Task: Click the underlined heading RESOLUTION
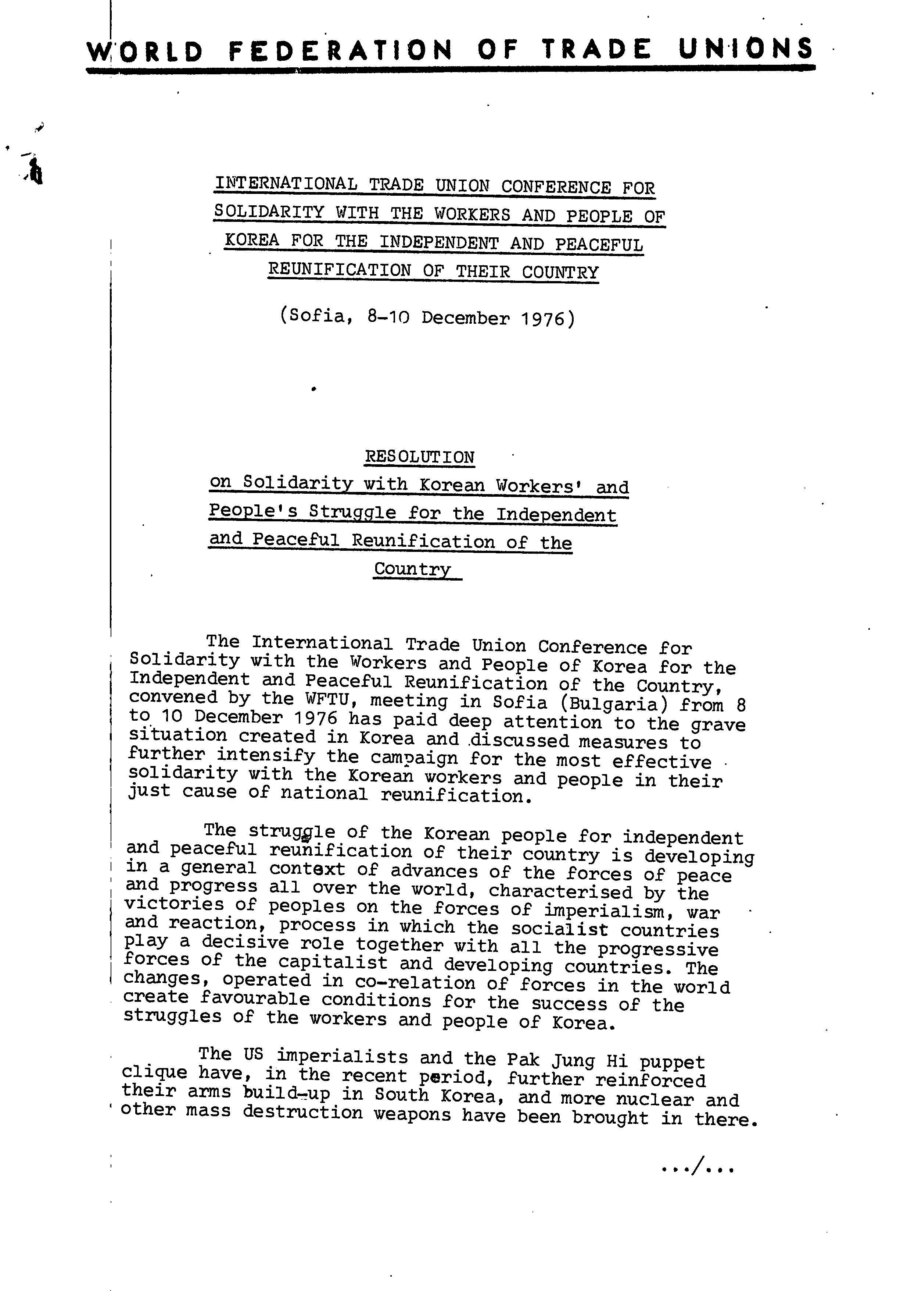point(420,457)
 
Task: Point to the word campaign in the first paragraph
point(415,759)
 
